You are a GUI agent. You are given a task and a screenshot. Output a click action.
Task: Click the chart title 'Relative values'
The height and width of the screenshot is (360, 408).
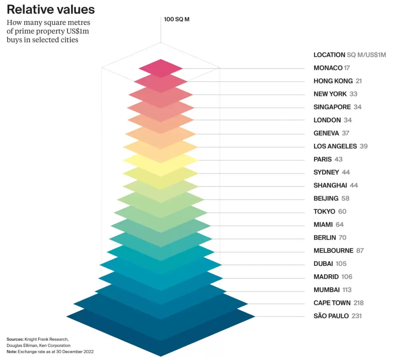click(51, 10)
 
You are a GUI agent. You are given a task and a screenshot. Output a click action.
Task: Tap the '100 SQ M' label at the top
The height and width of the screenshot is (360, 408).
click(177, 19)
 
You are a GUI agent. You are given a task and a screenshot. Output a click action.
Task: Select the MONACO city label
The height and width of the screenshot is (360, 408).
click(328, 68)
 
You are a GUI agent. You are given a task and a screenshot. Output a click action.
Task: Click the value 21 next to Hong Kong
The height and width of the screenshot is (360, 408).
click(359, 81)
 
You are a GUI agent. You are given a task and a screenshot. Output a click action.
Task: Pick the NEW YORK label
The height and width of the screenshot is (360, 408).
click(330, 94)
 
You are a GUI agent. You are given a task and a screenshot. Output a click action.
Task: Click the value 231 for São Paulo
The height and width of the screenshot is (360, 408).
click(357, 316)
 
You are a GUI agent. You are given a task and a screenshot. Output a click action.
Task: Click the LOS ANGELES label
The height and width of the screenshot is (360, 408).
click(335, 147)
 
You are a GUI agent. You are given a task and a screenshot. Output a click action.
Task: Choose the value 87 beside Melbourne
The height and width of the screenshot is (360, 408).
click(360, 251)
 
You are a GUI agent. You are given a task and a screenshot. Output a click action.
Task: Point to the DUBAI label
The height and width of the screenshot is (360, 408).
click(323, 264)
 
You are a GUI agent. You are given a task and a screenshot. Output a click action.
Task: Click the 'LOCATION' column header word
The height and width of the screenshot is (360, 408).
click(329, 55)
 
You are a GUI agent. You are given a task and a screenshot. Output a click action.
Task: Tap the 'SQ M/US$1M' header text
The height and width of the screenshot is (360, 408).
click(366, 55)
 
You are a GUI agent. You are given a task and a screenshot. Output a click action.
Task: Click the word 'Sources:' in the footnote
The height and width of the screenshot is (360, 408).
click(15, 339)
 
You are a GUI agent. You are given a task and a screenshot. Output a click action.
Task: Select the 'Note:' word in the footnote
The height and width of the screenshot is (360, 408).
click(12, 352)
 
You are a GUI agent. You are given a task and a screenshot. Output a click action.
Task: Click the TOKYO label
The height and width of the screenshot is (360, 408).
click(324, 211)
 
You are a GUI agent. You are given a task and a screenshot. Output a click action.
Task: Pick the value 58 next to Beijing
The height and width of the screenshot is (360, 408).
click(345, 198)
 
